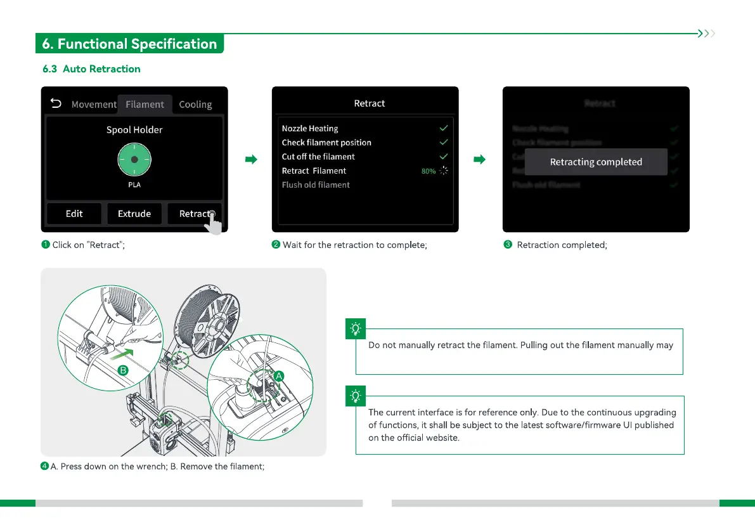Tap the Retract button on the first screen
[195, 214]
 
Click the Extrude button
[134, 214]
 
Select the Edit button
[74, 214]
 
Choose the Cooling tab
[195, 105]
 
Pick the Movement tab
[94, 105]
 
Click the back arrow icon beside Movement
[56, 103]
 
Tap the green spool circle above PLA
[134, 159]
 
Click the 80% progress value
[429, 171]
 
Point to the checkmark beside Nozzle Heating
[444, 128]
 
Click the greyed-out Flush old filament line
[316, 185]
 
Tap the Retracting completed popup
[596, 162]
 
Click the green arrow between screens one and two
[250, 160]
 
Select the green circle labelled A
[278, 375]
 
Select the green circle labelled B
[124, 370]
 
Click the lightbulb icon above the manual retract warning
[356, 329]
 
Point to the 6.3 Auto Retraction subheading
[91, 68]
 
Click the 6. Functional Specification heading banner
[129, 44]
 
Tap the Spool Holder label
[134, 130]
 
